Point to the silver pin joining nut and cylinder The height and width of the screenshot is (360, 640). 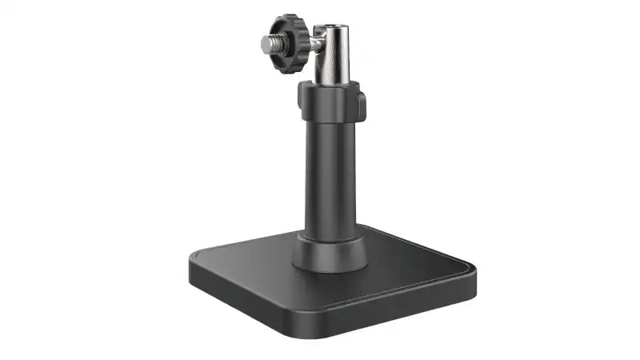pyautogui.click(x=314, y=40)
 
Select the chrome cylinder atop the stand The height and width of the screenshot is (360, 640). pyautogui.click(x=331, y=53)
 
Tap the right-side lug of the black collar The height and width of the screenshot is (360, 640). pyautogui.click(x=362, y=105)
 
